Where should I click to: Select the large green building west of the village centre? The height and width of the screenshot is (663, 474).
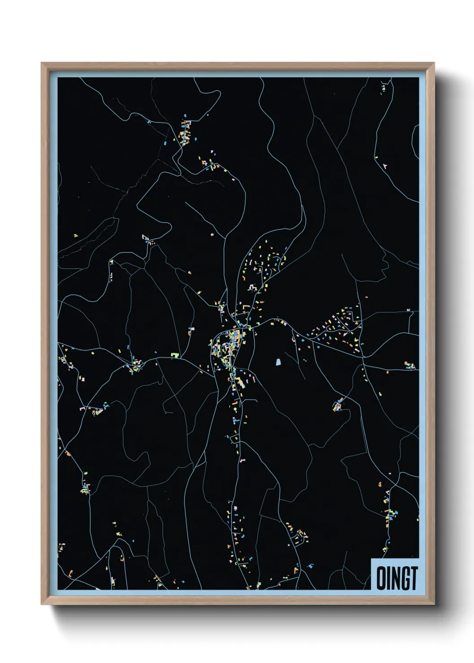coord(175,355)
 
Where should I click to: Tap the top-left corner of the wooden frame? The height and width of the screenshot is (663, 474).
coord(42,63)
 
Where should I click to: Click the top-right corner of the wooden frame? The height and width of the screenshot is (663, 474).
coord(434,63)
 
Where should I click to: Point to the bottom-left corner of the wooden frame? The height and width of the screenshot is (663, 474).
coord(42,604)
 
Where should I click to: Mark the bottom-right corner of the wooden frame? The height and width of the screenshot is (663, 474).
coord(434,604)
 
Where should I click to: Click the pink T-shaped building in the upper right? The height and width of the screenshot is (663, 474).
coord(385,166)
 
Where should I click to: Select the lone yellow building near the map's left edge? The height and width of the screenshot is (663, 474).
coord(76,235)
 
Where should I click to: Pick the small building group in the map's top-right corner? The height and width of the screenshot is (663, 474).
coord(384,86)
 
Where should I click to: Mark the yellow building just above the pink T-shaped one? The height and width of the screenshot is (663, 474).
coord(376,158)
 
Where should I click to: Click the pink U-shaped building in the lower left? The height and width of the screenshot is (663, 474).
coord(82,409)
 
